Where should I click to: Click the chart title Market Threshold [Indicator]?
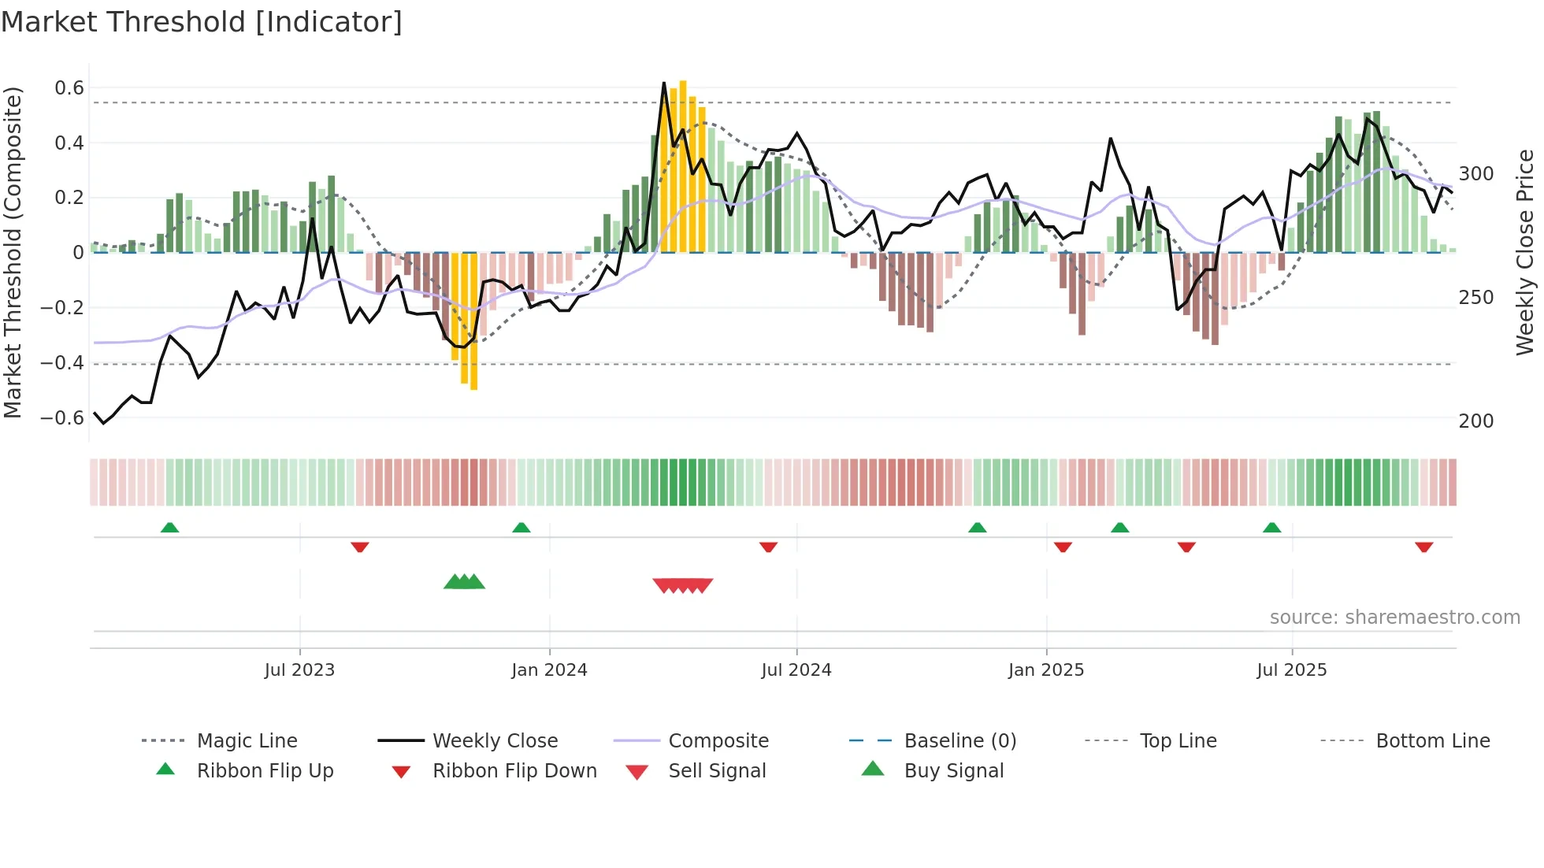(202, 22)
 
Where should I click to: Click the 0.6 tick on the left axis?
(69, 88)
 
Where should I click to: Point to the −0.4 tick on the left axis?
(62, 363)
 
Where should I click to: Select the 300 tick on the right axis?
(1476, 174)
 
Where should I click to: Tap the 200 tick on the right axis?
(1476, 421)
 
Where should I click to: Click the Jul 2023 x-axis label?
(299, 670)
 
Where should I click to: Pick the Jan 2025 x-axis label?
(1046, 670)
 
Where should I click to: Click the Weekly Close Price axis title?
(1525, 252)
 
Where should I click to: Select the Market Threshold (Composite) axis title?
(13, 252)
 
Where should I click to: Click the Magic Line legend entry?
(247, 741)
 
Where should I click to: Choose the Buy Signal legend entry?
(953, 771)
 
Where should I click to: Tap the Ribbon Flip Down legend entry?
(514, 771)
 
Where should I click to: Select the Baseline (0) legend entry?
(959, 741)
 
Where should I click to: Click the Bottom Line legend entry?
(1432, 741)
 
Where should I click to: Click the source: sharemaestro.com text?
(1394, 618)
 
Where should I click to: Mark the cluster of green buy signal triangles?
(464, 582)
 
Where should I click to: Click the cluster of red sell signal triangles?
(683, 585)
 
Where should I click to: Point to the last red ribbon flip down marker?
(1423, 547)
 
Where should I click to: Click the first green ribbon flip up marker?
(169, 528)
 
